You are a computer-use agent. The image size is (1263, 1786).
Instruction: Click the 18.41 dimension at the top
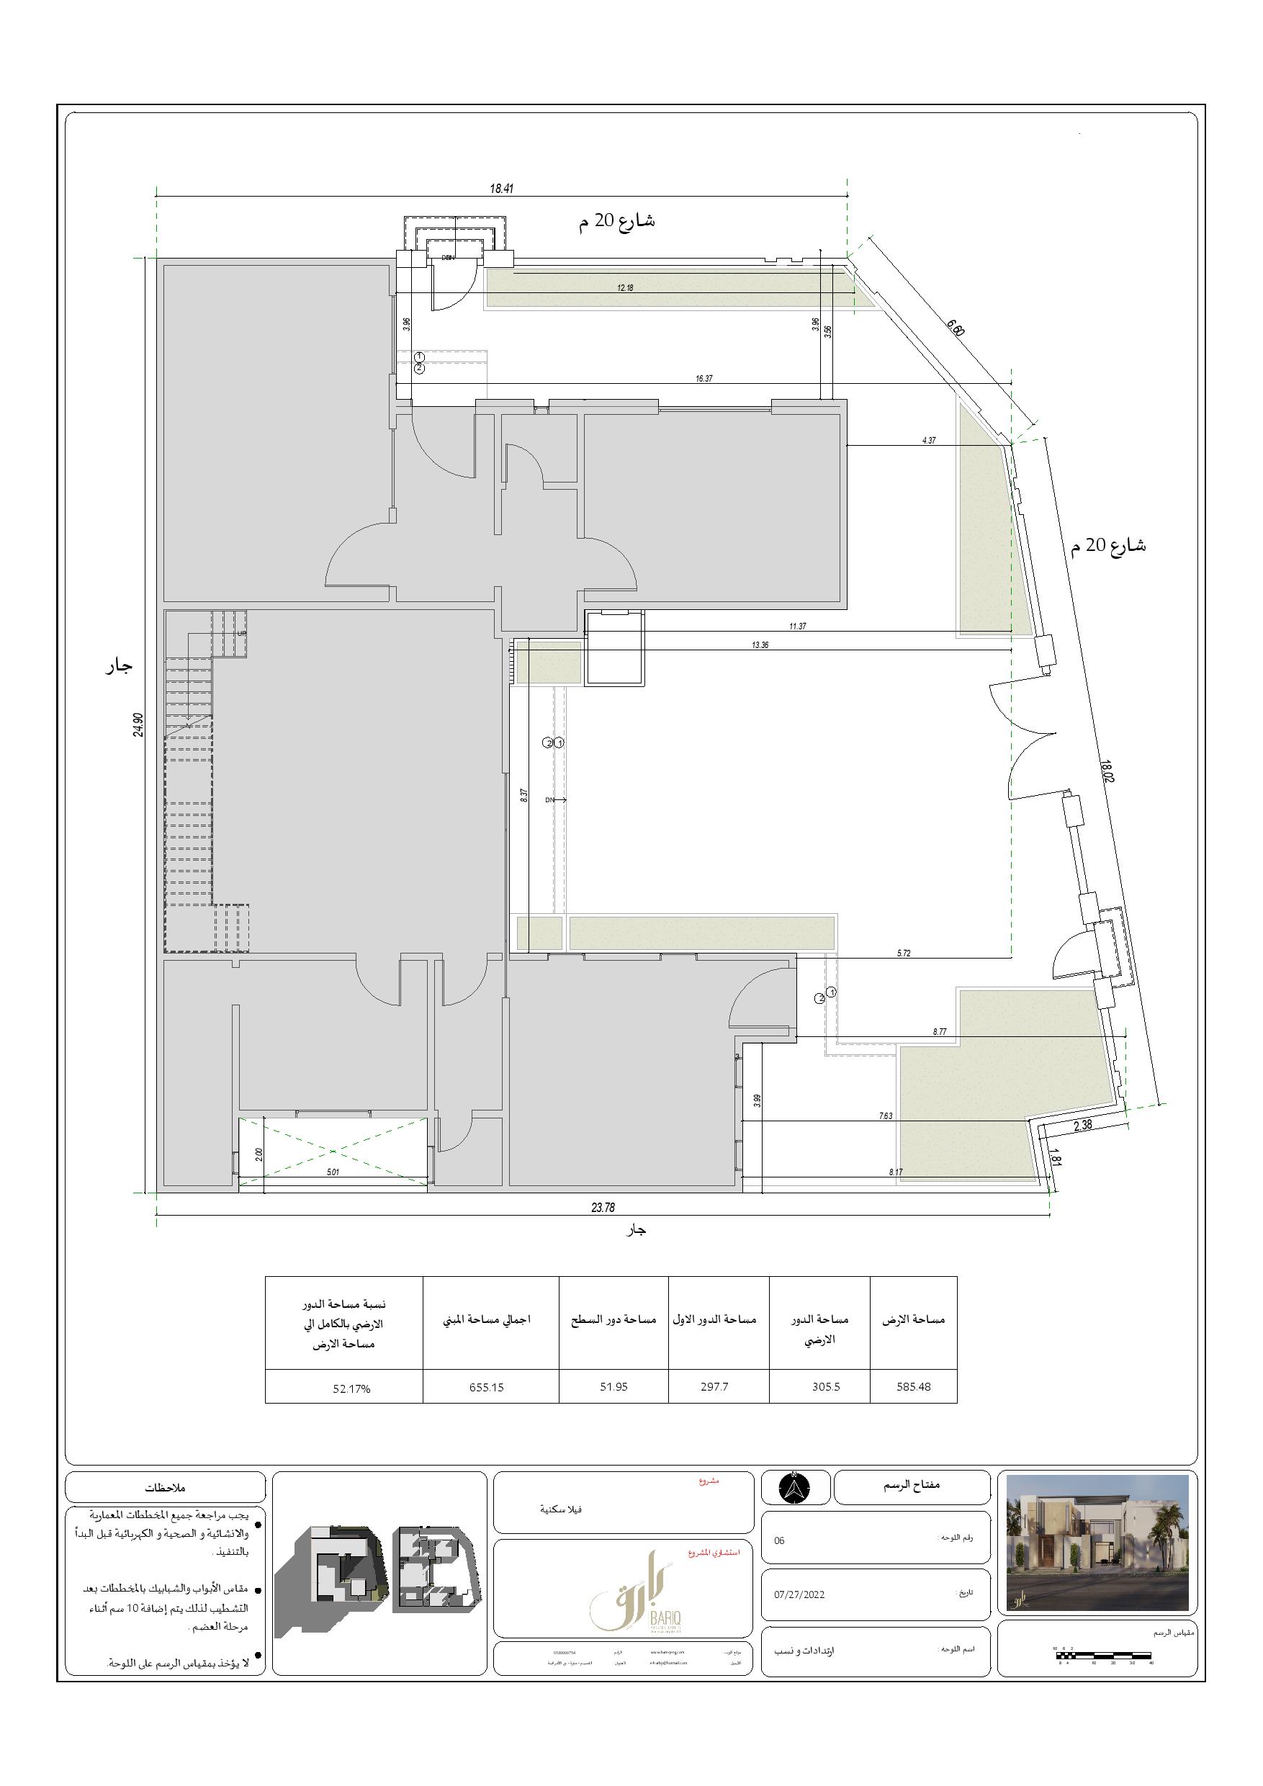click(x=502, y=188)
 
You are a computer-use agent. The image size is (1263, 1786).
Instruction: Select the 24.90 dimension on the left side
click(x=138, y=724)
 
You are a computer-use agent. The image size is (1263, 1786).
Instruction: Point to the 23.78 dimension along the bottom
click(x=603, y=1207)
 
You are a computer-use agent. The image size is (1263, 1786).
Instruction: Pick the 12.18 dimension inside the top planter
click(x=625, y=288)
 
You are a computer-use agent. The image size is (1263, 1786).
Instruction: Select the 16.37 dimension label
click(x=704, y=379)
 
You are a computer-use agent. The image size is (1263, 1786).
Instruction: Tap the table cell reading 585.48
click(x=913, y=1386)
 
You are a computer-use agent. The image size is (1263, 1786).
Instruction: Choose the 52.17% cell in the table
click(x=351, y=1388)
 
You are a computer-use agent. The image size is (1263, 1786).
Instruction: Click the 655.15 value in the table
click(x=486, y=1386)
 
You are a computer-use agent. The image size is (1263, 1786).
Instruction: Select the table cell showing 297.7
click(x=714, y=1386)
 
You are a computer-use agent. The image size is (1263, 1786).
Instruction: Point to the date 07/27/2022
click(x=799, y=1594)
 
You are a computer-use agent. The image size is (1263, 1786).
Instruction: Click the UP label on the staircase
click(x=241, y=633)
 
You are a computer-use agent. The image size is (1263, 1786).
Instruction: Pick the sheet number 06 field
click(x=779, y=1540)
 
